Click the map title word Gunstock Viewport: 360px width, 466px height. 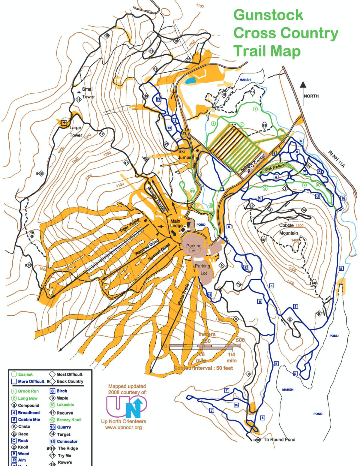[x=268, y=15]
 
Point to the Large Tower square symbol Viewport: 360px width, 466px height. [x=64, y=122]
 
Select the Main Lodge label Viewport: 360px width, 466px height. [x=176, y=223]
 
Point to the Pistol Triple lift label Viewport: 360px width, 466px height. [x=184, y=294]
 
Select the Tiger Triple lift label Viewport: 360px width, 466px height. [x=130, y=226]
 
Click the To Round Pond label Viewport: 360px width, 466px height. [x=279, y=440]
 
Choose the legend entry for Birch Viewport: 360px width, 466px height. [x=62, y=391]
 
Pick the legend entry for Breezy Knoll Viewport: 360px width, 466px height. [x=69, y=420]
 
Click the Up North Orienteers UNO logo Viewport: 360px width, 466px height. [x=127, y=407]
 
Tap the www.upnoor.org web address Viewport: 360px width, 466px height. [x=123, y=427]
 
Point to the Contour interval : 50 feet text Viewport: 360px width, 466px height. [x=203, y=368]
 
